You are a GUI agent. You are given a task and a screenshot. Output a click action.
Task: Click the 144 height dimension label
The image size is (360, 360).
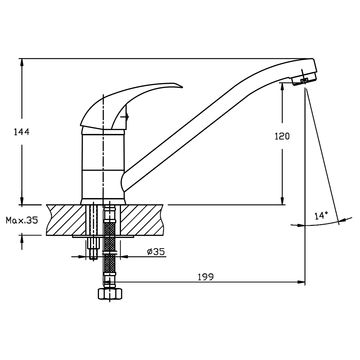[22, 132]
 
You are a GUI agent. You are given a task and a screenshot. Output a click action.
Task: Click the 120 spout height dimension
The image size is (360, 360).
[282, 136]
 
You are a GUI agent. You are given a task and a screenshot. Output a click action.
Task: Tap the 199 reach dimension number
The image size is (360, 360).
[206, 277]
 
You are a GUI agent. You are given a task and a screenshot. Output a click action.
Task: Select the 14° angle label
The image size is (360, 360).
[321, 216]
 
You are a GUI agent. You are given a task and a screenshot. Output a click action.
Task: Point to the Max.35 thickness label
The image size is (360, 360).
[22, 220]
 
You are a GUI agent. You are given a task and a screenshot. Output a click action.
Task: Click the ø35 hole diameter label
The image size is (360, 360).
[156, 252]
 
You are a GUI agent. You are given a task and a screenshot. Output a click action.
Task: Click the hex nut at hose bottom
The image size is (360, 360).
[110, 294]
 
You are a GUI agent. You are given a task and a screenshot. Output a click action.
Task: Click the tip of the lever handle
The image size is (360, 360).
[183, 87]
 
